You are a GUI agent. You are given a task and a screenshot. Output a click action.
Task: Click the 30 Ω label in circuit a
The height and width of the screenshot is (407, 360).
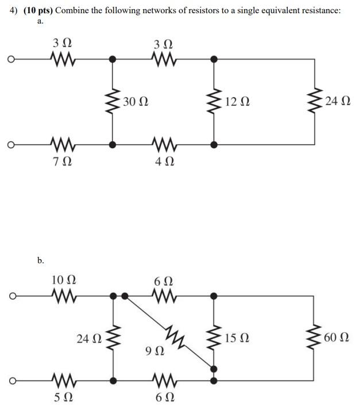pyautogui.click(x=136, y=102)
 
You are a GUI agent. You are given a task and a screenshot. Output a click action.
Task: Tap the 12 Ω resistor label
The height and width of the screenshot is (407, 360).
pyautogui.click(x=238, y=102)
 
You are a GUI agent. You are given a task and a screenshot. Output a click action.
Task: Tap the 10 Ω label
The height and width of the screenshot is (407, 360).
pyautogui.click(x=63, y=280)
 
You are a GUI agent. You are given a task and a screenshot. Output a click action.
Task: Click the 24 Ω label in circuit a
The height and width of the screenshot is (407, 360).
pyautogui.click(x=336, y=102)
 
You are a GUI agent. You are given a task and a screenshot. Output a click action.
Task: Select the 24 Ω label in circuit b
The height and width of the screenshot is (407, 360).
pyautogui.click(x=89, y=338)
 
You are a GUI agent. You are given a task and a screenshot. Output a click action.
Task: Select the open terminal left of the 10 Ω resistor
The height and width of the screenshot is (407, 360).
pyautogui.click(x=10, y=296)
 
